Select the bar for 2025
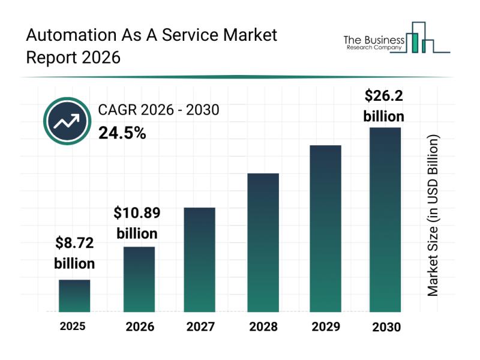click(x=74, y=296)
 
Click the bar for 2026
click(x=139, y=279)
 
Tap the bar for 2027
click(x=200, y=259)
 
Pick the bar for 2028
click(x=263, y=242)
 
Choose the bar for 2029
click(x=325, y=229)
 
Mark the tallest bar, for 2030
click(x=385, y=220)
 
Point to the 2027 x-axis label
click(x=200, y=327)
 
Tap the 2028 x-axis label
click(x=263, y=327)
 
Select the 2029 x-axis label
click(x=325, y=327)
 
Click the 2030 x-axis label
click(x=385, y=327)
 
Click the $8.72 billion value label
click(x=74, y=253)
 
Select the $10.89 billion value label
click(x=137, y=223)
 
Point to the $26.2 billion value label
click(x=384, y=105)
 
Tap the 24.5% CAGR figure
click(x=122, y=133)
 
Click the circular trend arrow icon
click(x=67, y=121)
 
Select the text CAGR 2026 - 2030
click(x=158, y=110)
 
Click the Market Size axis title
click(x=433, y=215)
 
